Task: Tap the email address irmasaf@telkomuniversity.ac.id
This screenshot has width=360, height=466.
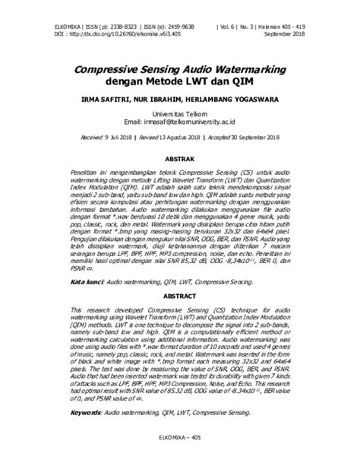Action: pyautogui.click(x=193, y=122)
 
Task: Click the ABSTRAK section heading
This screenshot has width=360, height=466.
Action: pyautogui.click(x=180, y=158)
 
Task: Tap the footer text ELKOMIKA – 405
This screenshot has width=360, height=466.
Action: pyautogui.click(x=179, y=449)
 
